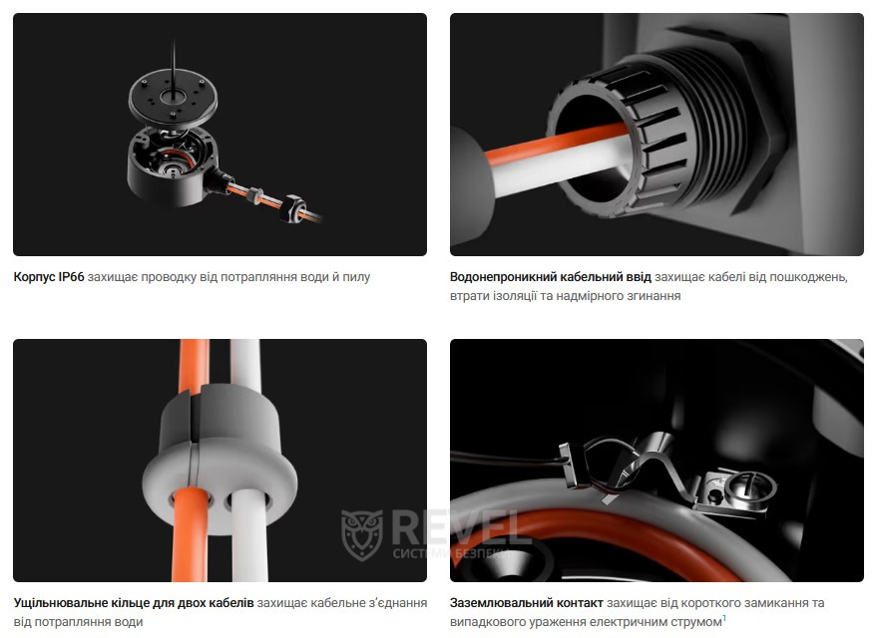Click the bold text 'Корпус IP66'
coord(49,277)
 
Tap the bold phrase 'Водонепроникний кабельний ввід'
coord(550,277)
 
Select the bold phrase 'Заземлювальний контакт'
coord(526,603)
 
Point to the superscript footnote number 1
coord(724,617)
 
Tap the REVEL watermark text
coord(460,527)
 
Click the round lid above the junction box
coord(173,98)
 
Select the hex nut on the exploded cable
coord(292,208)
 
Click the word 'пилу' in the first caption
coord(356,277)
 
